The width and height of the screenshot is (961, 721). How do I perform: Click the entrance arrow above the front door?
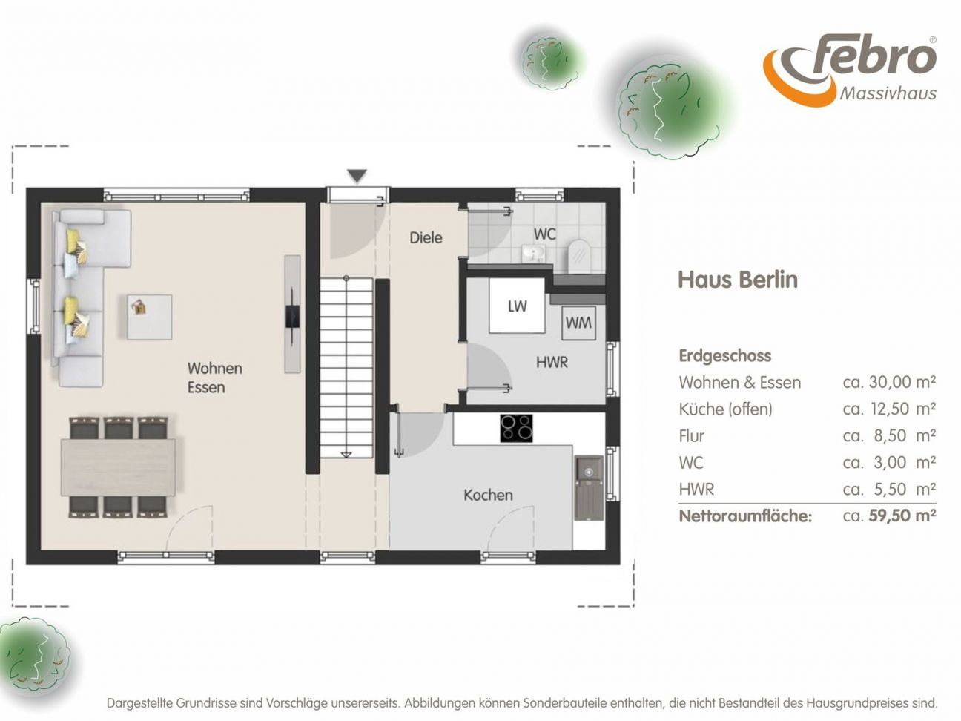[357, 176]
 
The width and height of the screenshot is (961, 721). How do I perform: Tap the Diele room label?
[426, 237]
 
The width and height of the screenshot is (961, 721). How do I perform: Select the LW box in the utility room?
[517, 306]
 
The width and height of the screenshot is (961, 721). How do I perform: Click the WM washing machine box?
[578, 323]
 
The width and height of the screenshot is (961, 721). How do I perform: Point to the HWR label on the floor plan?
[552, 362]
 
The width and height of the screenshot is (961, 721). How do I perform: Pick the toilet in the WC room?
[579, 254]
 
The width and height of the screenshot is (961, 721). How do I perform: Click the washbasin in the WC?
[533, 254]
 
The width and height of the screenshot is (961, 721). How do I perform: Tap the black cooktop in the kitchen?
[516, 428]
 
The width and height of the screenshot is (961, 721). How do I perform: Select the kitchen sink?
[589, 488]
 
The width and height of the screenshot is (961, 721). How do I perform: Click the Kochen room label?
[488, 495]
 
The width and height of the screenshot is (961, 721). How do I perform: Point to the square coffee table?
[149, 317]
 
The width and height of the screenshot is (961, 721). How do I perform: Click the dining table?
[118, 467]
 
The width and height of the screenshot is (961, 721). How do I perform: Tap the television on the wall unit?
[292, 316]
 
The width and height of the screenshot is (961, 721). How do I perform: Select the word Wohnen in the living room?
[214, 368]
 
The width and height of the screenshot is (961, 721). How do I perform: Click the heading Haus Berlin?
[738, 280]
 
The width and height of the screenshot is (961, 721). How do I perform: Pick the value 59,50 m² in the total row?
[902, 516]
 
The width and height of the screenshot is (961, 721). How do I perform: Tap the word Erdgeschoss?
[725, 356]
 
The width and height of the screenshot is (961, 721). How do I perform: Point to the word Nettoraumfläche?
[745, 516]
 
